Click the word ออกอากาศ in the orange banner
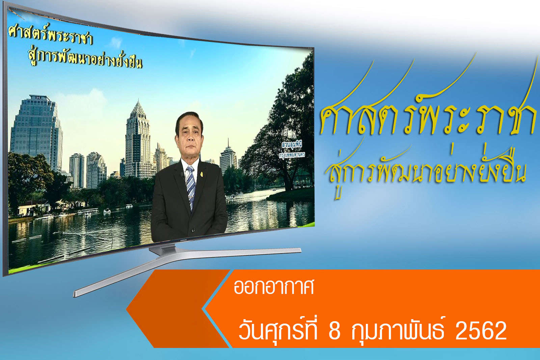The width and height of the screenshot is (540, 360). click(x=274, y=287)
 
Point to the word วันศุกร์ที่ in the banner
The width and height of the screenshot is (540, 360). click(x=278, y=330)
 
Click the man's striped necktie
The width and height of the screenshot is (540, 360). click(x=191, y=188)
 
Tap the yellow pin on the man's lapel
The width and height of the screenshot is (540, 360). click(x=202, y=174)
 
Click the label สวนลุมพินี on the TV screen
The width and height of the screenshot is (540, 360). click(x=292, y=145)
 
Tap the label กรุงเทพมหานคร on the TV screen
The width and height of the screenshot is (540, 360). click(x=292, y=155)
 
